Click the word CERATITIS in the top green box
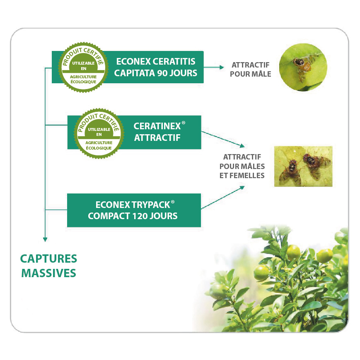[x=174, y=62]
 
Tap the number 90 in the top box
[x=162, y=73]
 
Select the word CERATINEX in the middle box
[x=157, y=126]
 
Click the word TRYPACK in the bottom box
[x=151, y=205]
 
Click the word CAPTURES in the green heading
[x=48, y=259]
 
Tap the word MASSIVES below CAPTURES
[x=48, y=273]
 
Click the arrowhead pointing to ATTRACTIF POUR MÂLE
[x=222, y=67]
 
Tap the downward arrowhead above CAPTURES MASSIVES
[x=45, y=239]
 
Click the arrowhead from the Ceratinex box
[x=242, y=145]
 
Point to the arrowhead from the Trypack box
[x=242, y=188]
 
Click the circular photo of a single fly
[x=303, y=67]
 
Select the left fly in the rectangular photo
[x=291, y=172]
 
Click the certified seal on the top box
[x=83, y=67]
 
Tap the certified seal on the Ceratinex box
[x=99, y=133]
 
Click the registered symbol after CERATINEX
[x=184, y=123]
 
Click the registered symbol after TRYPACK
[x=173, y=202]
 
